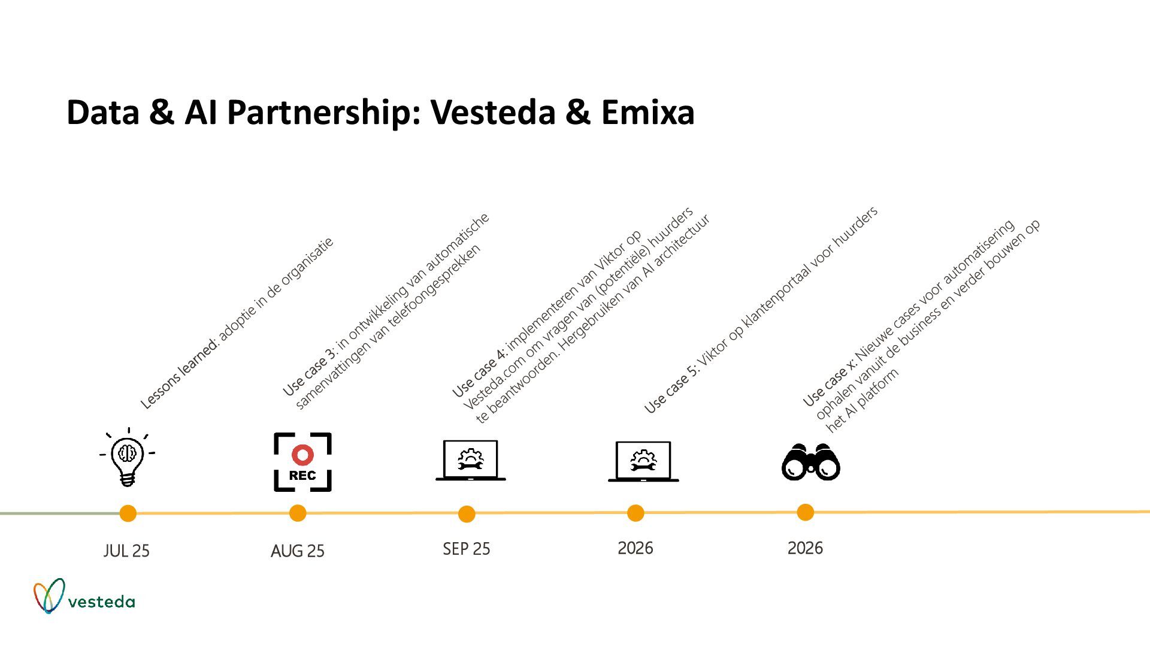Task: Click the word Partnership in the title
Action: click(x=321, y=113)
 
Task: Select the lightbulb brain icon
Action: click(x=128, y=457)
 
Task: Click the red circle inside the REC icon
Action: click(x=302, y=455)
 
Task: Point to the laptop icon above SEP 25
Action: click(x=470, y=461)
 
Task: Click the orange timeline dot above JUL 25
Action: click(x=128, y=513)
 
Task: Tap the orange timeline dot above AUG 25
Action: click(x=298, y=513)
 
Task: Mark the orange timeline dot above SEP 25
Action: click(x=467, y=514)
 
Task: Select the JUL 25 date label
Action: click(x=126, y=551)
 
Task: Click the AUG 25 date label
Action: click(x=298, y=551)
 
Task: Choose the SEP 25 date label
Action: click(x=467, y=549)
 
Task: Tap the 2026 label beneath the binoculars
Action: click(x=805, y=548)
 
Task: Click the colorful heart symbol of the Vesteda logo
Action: click(x=49, y=595)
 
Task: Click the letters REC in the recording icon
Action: click(x=302, y=476)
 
